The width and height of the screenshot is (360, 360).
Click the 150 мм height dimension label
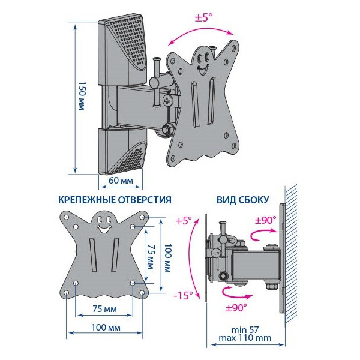tap(82, 95)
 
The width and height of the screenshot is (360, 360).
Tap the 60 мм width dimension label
tap(121, 181)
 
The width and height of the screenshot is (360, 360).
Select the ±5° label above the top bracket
tap(203, 17)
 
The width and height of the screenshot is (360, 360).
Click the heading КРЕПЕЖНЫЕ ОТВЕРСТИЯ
tap(115, 200)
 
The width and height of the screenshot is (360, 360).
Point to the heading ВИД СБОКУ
tap(242, 200)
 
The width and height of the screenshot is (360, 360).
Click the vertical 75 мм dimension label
tap(150, 256)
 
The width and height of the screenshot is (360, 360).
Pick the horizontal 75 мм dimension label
tap(104, 309)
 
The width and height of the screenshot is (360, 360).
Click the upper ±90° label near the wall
tap(266, 220)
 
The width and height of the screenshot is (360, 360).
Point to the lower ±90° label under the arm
tap(236, 308)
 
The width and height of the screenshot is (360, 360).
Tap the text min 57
tap(245, 330)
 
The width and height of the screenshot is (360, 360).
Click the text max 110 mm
tap(245, 338)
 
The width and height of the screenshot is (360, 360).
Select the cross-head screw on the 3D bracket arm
tap(167, 101)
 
